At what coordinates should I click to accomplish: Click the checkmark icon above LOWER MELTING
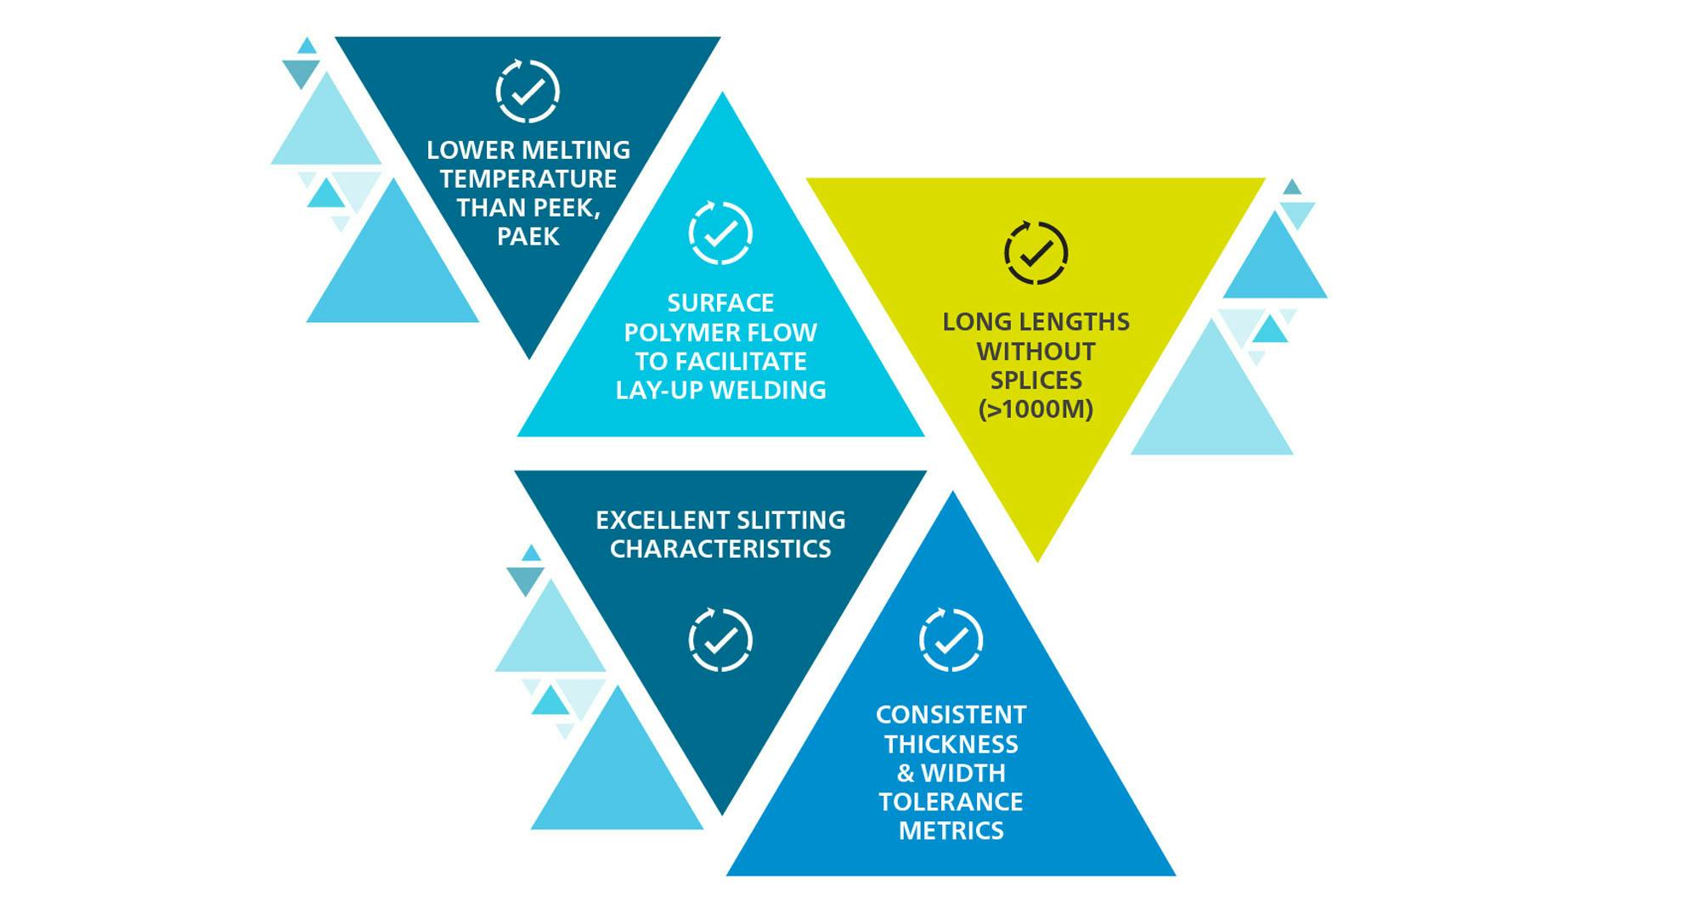click(x=528, y=92)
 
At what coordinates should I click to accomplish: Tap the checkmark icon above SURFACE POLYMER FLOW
click(x=720, y=234)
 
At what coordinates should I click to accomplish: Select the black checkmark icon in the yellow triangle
click(x=1036, y=253)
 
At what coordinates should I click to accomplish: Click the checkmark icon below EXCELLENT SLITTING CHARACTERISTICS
click(x=720, y=640)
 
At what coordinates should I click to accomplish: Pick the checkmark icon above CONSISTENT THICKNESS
click(x=951, y=640)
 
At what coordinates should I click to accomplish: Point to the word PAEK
click(x=528, y=237)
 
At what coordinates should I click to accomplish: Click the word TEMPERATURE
click(x=528, y=179)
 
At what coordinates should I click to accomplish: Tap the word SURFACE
click(x=720, y=303)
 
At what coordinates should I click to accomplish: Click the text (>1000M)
click(x=1036, y=409)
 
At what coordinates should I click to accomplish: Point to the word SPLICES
click(x=1036, y=381)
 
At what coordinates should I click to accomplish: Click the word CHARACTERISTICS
click(x=720, y=549)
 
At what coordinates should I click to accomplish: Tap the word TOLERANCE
click(x=951, y=802)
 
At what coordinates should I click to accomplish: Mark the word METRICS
click(x=951, y=831)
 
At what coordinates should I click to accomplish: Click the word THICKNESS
click(x=951, y=744)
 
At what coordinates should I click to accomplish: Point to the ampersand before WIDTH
click(x=906, y=773)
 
